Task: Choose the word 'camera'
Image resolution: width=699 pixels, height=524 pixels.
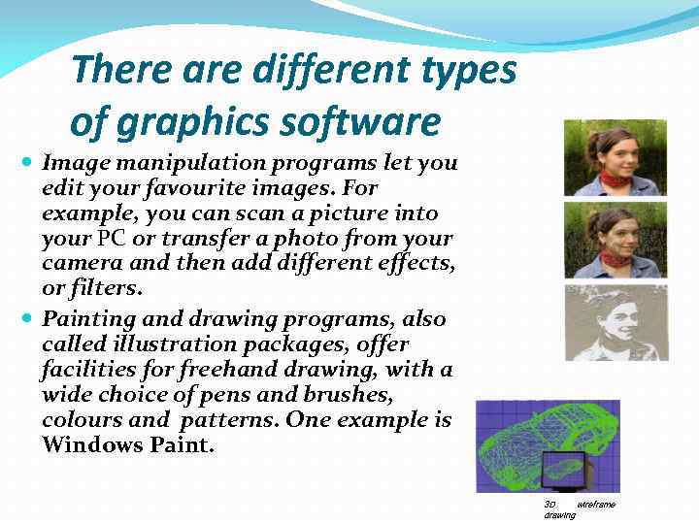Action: [76, 264]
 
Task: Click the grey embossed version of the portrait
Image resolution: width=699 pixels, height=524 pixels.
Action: [615, 322]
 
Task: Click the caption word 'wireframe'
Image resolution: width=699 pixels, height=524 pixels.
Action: [595, 505]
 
